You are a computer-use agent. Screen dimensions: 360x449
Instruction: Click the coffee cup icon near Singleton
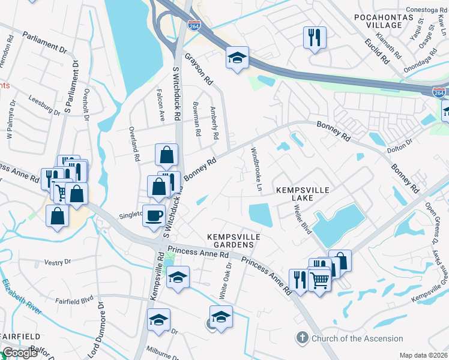pyautogui.click(x=154, y=215)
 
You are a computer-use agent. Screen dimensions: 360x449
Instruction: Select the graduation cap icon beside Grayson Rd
pyautogui.click(x=238, y=58)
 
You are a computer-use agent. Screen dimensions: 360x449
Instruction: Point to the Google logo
pyautogui.click(x=20, y=353)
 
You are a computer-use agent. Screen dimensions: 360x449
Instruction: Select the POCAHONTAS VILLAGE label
pyautogui.click(x=386, y=21)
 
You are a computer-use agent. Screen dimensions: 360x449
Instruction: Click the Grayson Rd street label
pyautogui.click(x=199, y=69)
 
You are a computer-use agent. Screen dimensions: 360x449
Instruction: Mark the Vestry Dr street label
pyautogui.click(x=58, y=262)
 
